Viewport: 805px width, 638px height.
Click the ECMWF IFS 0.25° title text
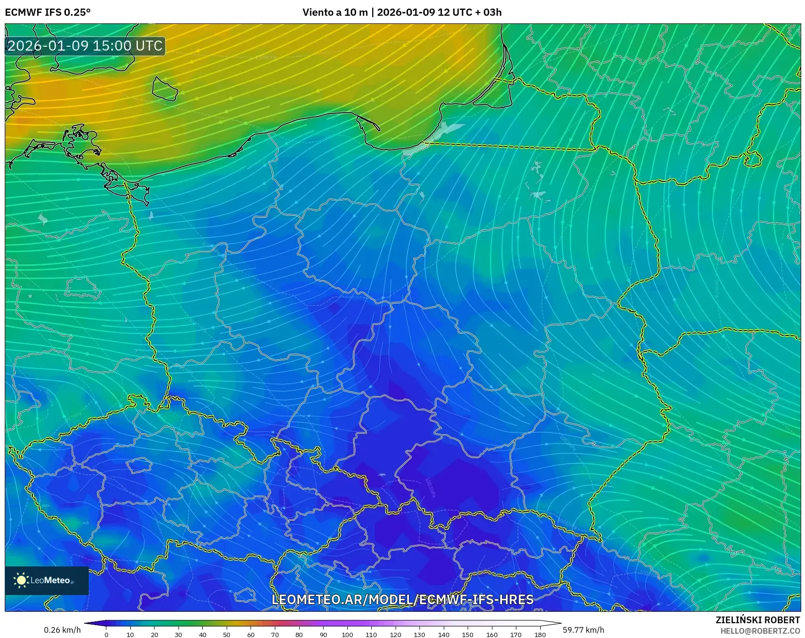pyautogui.click(x=48, y=12)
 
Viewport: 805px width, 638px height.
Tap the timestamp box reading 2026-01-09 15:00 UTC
pyautogui.click(x=85, y=46)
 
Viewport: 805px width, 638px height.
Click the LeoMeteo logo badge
pyautogui.click(x=47, y=580)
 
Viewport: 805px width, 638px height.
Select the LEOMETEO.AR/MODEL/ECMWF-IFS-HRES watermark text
pyautogui.click(x=402, y=599)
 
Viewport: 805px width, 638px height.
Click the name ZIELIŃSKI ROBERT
pyautogui.click(x=757, y=620)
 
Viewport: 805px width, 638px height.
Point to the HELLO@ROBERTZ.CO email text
pyautogui.click(x=760, y=631)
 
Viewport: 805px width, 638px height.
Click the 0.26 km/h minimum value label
pyautogui.click(x=62, y=630)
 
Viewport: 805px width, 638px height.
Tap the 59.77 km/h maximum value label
pyautogui.click(x=583, y=630)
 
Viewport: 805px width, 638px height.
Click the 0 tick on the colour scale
pyautogui.click(x=106, y=635)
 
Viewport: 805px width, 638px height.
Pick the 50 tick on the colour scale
pyautogui.click(x=227, y=635)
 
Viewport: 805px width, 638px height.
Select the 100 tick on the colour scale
pyautogui.click(x=347, y=635)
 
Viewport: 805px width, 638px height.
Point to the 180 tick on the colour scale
pyautogui.click(x=540, y=635)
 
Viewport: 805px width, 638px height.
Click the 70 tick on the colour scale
pyautogui.click(x=275, y=635)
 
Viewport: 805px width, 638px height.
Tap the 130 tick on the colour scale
pyautogui.click(x=419, y=635)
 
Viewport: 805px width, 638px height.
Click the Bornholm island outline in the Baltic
pyautogui.click(x=165, y=89)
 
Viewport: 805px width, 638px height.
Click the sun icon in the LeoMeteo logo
pyautogui.click(x=21, y=580)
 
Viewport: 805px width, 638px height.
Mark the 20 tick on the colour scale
pyautogui.click(x=155, y=635)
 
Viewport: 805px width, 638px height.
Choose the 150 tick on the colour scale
pyautogui.click(x=468, y=635)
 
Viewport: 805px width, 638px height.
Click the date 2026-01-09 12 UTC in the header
pyautogui.click(x=420, y=12)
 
